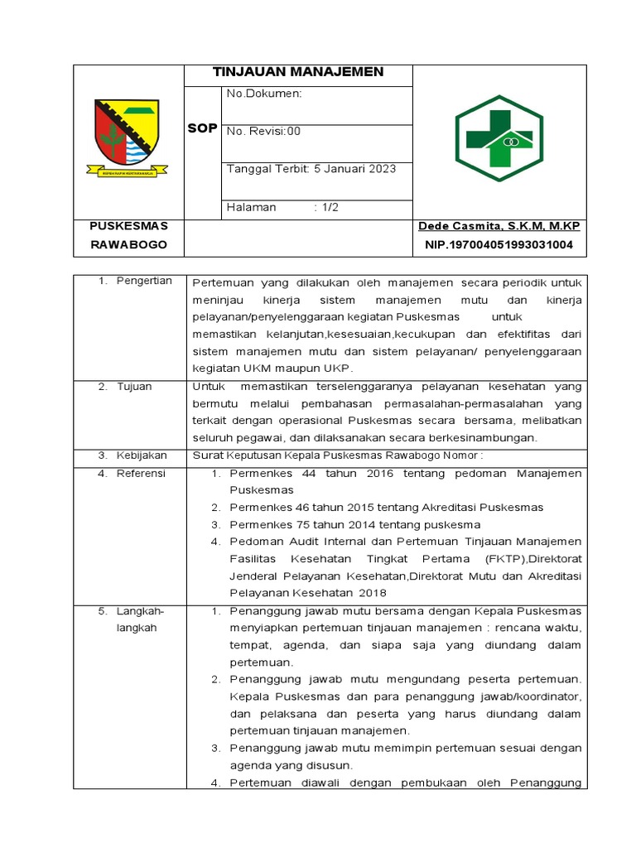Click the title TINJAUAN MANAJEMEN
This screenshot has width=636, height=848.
point(298,72)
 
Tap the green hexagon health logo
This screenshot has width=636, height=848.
point(499,137)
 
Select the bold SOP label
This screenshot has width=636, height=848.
point(202,129)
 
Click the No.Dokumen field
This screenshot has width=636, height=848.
point(264,94)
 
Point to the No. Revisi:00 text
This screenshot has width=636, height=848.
point(264,131)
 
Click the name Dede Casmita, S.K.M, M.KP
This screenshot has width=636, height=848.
point(499,226)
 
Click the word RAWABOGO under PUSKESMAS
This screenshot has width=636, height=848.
point(128,245)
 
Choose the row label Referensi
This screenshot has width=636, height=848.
point(140,473)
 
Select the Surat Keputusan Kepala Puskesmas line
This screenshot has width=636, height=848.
point(349,455)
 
